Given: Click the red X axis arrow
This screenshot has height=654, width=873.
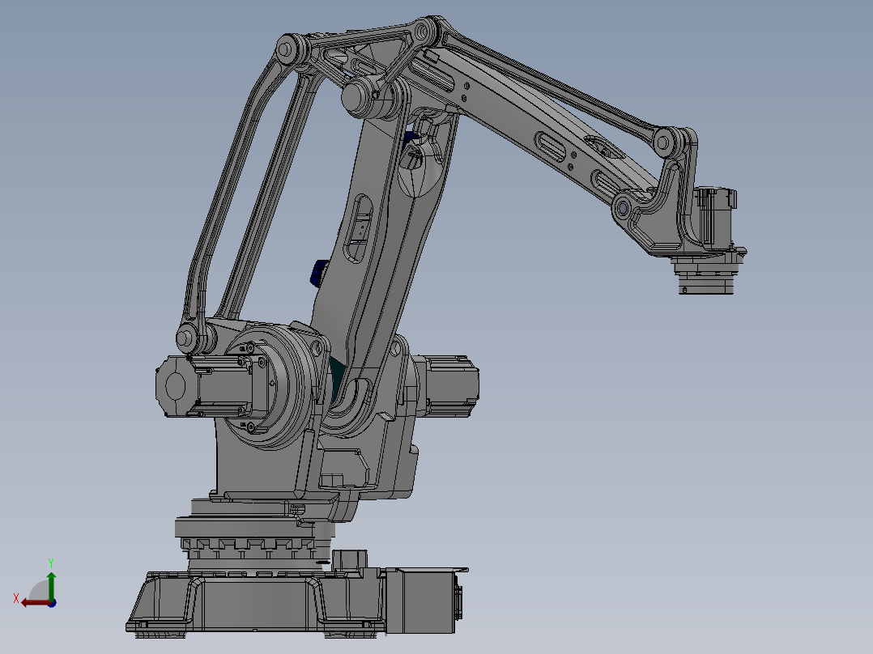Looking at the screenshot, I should coord(33,602).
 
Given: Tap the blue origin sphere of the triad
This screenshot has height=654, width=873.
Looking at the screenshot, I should coord(52,602).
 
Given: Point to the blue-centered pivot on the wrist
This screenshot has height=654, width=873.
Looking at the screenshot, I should coord(624,208).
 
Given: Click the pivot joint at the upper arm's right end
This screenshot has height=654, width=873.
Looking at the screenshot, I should coord(666,142).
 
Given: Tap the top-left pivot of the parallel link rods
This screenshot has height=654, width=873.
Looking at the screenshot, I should coord(284,51).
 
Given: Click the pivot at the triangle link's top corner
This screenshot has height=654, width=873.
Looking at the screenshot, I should coord(422,32).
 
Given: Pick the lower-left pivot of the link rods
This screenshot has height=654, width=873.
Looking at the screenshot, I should coord(185,338).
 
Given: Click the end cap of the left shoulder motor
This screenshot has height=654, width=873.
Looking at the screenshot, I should coord(171,388).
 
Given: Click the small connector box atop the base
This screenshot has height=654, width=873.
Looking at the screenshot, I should coord(351,560).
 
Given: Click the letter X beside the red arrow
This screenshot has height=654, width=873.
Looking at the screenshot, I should coord(16,598).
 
